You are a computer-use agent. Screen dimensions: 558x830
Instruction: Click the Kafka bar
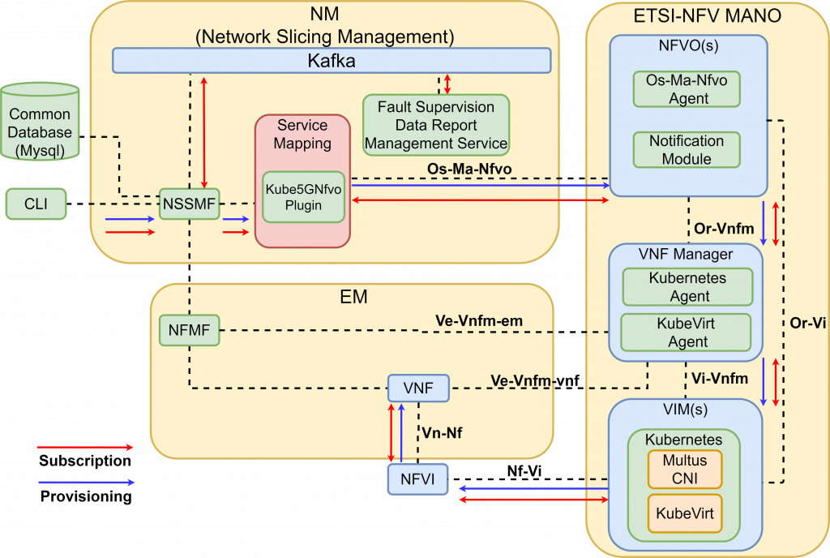pos(331,61)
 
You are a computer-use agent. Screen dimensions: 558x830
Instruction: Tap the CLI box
pos(36,204)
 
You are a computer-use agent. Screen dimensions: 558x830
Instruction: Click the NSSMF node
pos(189,204)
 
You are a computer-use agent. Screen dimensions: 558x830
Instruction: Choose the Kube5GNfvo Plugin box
pos(303,196)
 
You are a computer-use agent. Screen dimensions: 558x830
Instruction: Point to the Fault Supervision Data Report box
pos(436,126)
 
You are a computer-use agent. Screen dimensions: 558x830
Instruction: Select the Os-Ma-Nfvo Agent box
pos(687,89)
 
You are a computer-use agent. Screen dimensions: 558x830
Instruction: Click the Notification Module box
pos(687,150)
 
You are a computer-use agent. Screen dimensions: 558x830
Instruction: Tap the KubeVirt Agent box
pos(687,333)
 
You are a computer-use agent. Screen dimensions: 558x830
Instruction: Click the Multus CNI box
pos(684,469)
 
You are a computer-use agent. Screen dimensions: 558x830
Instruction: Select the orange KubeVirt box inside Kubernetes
pos(684,513)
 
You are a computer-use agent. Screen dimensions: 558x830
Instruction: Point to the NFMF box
pos(189,330)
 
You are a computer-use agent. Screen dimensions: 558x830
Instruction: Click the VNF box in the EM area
pos(417,388)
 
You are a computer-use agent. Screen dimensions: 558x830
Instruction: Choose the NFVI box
pos(417,479)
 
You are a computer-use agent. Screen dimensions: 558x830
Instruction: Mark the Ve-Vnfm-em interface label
pos(478,321)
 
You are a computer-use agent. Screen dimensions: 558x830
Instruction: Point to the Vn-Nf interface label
pos(442,433)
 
